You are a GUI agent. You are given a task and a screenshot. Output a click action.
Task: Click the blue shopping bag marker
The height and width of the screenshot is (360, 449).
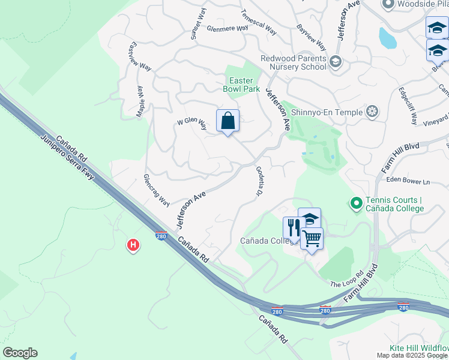228,121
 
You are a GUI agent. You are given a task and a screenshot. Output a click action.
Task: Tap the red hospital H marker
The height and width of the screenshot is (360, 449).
133,245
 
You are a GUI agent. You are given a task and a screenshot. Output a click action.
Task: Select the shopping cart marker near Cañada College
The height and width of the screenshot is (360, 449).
312,239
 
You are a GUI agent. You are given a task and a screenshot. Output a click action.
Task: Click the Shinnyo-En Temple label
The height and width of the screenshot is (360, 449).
327,112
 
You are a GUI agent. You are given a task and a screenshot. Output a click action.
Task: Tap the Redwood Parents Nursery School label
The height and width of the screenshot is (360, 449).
293,62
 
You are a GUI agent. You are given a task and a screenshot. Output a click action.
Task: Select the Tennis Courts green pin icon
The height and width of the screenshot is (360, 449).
356,205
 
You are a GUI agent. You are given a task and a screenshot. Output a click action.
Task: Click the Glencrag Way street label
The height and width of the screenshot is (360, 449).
156,190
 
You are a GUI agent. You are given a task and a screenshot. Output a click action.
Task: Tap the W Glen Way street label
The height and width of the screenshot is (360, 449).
191,124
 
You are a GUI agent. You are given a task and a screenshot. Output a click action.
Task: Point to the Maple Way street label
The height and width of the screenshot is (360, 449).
142,101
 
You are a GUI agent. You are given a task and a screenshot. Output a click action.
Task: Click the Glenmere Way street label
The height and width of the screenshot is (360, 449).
227,28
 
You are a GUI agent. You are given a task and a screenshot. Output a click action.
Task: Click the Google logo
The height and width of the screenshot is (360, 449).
20,353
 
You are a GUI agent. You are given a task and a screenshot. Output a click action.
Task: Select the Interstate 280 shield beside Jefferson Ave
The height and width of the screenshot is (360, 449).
161,235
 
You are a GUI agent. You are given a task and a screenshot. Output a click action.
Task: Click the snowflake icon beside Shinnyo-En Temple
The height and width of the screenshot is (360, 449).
373,112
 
